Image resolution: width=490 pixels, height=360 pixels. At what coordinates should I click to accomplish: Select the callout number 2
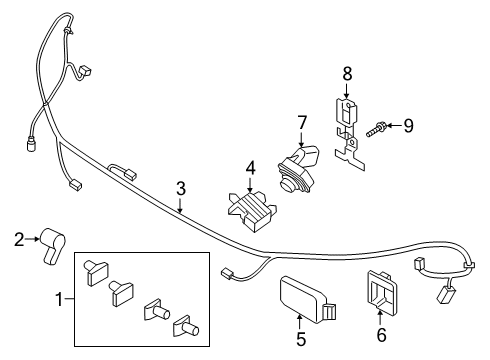click(18, 237)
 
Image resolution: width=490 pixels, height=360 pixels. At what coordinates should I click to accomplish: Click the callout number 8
click(346, 73)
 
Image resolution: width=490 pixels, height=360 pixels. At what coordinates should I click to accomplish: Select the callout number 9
click(408, 126)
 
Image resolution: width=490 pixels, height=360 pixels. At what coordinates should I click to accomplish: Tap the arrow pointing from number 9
click(393, 126)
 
